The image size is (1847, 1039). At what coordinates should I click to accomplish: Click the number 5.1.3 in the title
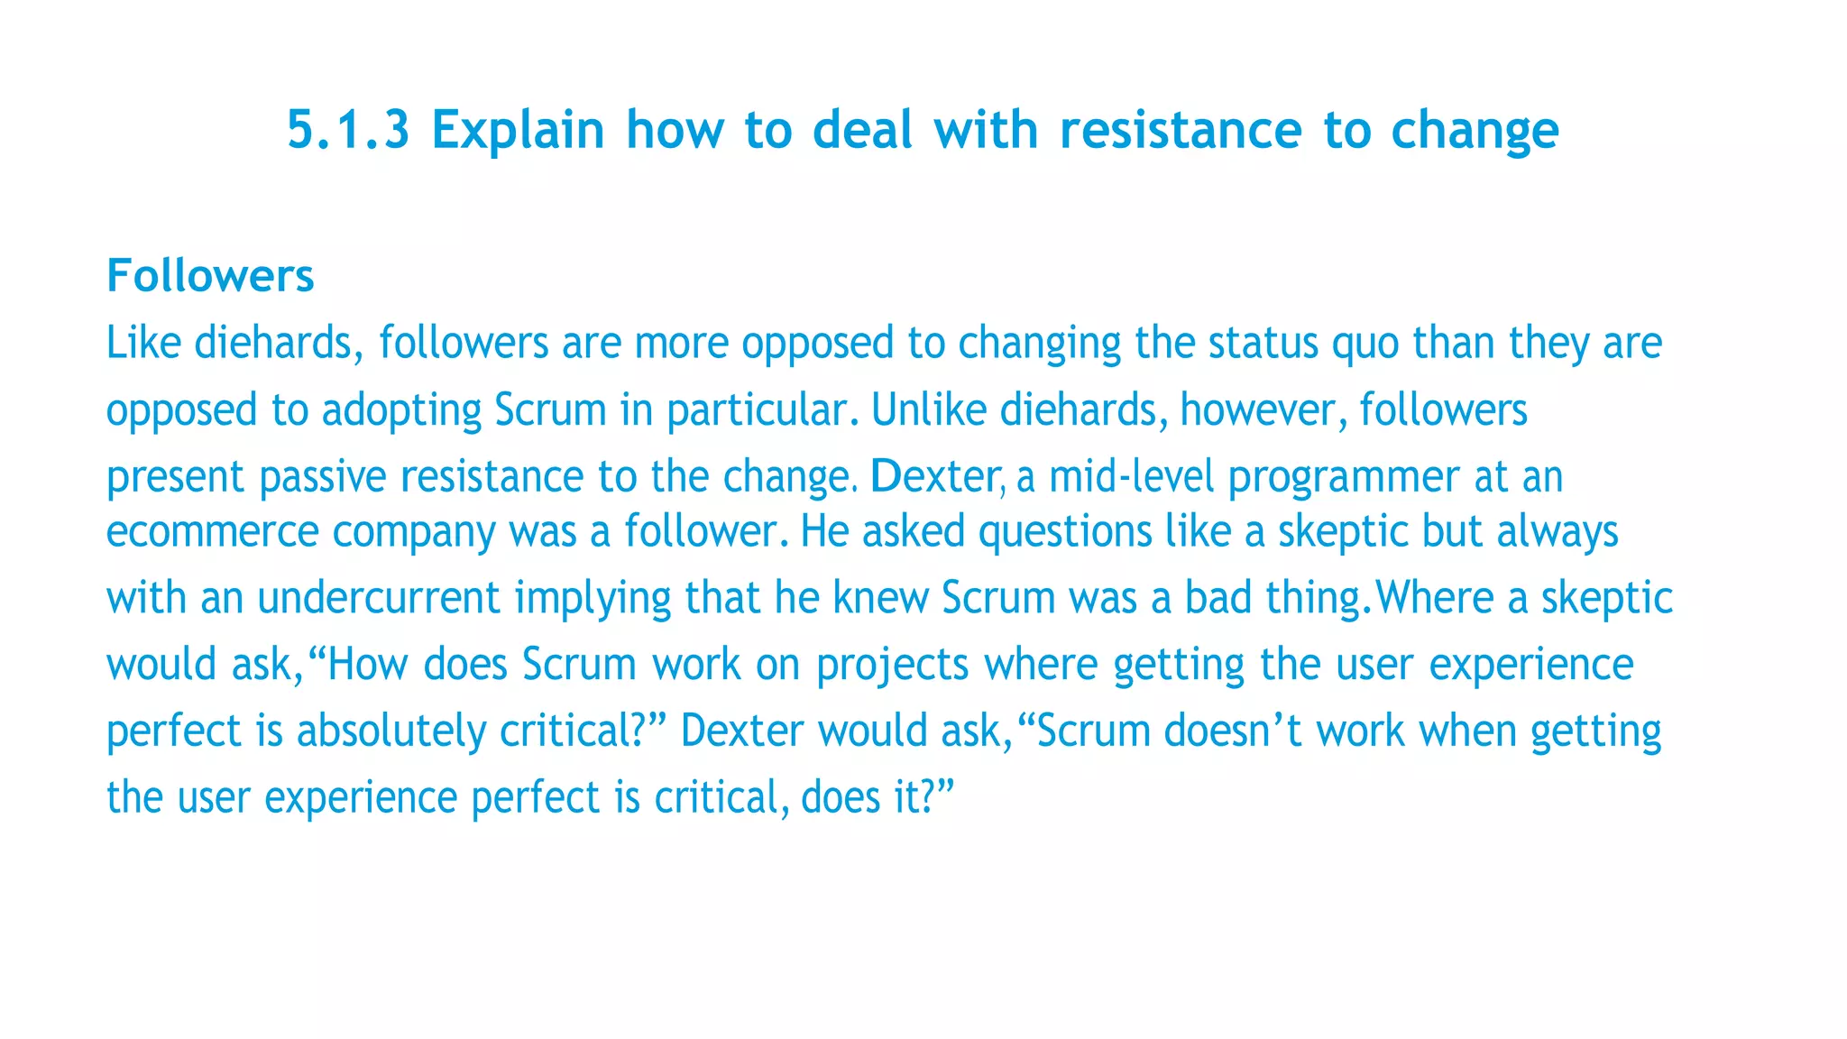348,130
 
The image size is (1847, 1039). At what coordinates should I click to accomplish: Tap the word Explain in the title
518,130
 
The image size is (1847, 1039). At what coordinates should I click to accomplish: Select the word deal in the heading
863,130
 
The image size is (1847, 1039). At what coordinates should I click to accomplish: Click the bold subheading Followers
210,275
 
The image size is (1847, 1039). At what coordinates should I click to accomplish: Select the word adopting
401,410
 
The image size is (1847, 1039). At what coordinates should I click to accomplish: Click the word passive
323,477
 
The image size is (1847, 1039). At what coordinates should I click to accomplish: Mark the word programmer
1344,478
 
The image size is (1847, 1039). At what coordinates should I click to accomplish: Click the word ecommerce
213,531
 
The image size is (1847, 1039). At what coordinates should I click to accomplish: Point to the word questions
1065,531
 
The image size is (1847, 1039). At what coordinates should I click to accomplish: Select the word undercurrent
379,598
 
